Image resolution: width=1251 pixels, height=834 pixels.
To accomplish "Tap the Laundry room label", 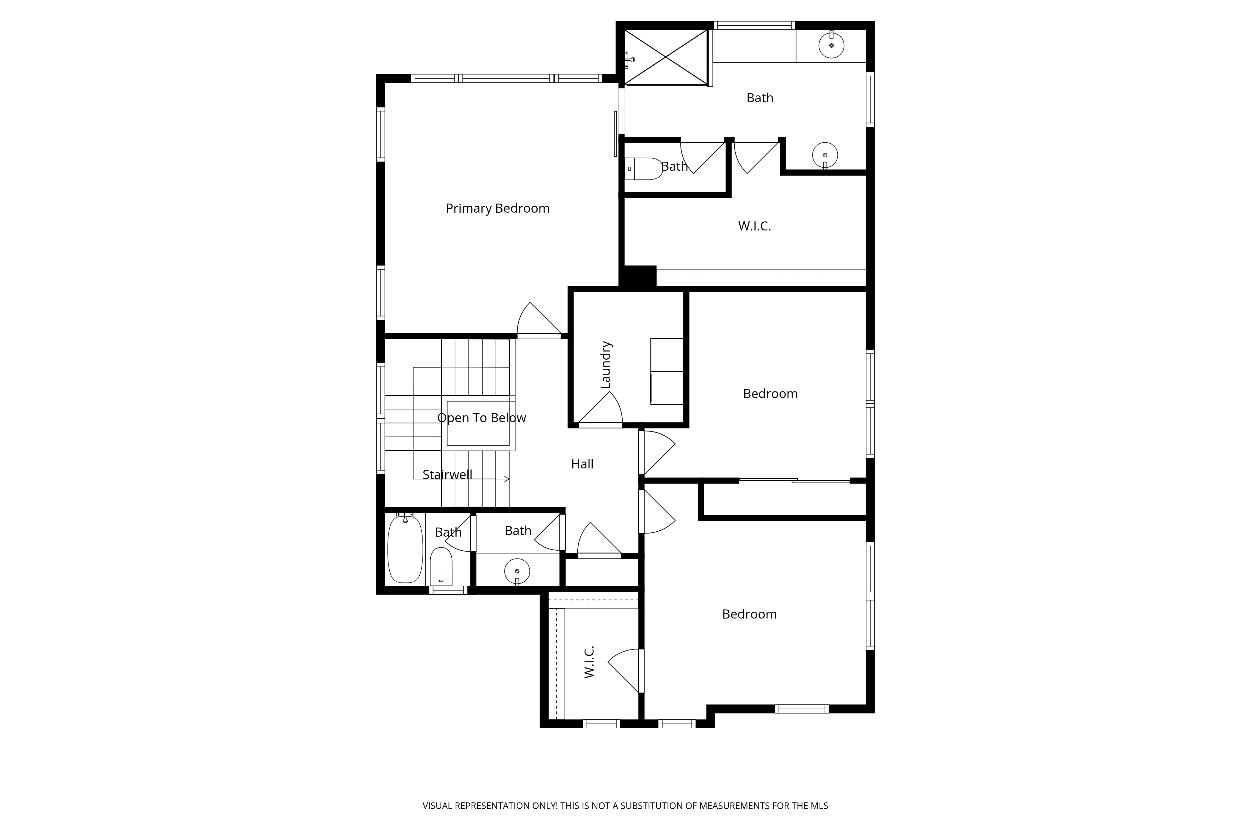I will [x=606, y=365].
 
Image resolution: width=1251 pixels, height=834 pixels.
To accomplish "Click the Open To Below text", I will [x=481, y=418].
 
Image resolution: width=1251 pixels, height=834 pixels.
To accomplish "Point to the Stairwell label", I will [x=447, y=474].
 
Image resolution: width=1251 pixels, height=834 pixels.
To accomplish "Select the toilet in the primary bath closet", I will [x=644, y=169].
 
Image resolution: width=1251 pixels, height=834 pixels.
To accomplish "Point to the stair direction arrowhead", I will [x=506, y=479].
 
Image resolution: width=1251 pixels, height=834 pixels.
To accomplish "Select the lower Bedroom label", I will [x=749, y=614].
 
